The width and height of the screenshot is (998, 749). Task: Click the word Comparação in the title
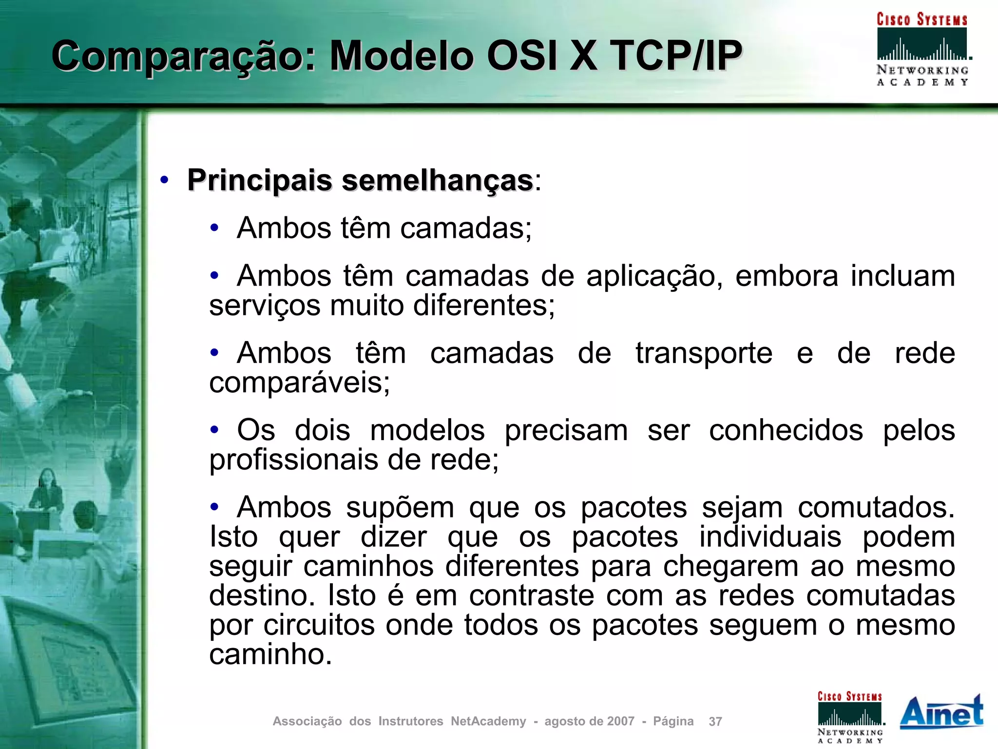coord(183,56)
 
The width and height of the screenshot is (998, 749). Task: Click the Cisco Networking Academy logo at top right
coord(922,49)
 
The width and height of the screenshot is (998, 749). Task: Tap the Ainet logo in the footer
coord(941,712)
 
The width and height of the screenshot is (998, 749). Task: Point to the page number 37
coord(715,721)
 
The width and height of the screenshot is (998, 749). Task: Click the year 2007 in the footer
coord(621,721)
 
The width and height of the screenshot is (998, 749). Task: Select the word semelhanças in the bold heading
coord(437,180)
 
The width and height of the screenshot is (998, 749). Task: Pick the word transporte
coord(704,353)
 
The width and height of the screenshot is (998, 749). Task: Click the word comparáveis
coord(300,383)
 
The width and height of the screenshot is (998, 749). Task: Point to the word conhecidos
coord(786,430)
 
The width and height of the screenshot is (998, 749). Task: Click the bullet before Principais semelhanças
coord(164,180)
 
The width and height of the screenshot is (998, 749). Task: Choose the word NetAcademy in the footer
coord(488,721)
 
